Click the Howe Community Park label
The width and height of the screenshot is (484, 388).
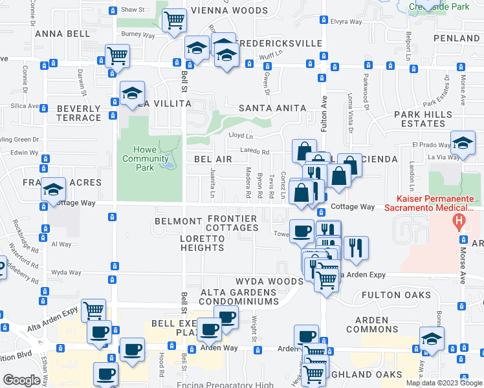[x=146, y=158]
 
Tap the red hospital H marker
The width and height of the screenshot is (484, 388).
[x=459, y=222]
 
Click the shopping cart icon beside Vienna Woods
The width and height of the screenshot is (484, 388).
[x=174, y=21]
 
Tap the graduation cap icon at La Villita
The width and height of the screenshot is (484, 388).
[x=132, y=94]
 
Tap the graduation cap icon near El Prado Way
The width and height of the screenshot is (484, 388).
[x=463, y=143]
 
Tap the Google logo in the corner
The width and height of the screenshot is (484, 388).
[x=21, y=380]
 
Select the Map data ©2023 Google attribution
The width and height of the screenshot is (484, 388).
[x=443, y=383]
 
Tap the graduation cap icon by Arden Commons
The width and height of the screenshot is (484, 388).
[x=432, y=338]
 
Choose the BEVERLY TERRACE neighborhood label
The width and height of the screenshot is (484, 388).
[x=78, y=113]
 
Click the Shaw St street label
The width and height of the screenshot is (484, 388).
[x=133, y=10]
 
